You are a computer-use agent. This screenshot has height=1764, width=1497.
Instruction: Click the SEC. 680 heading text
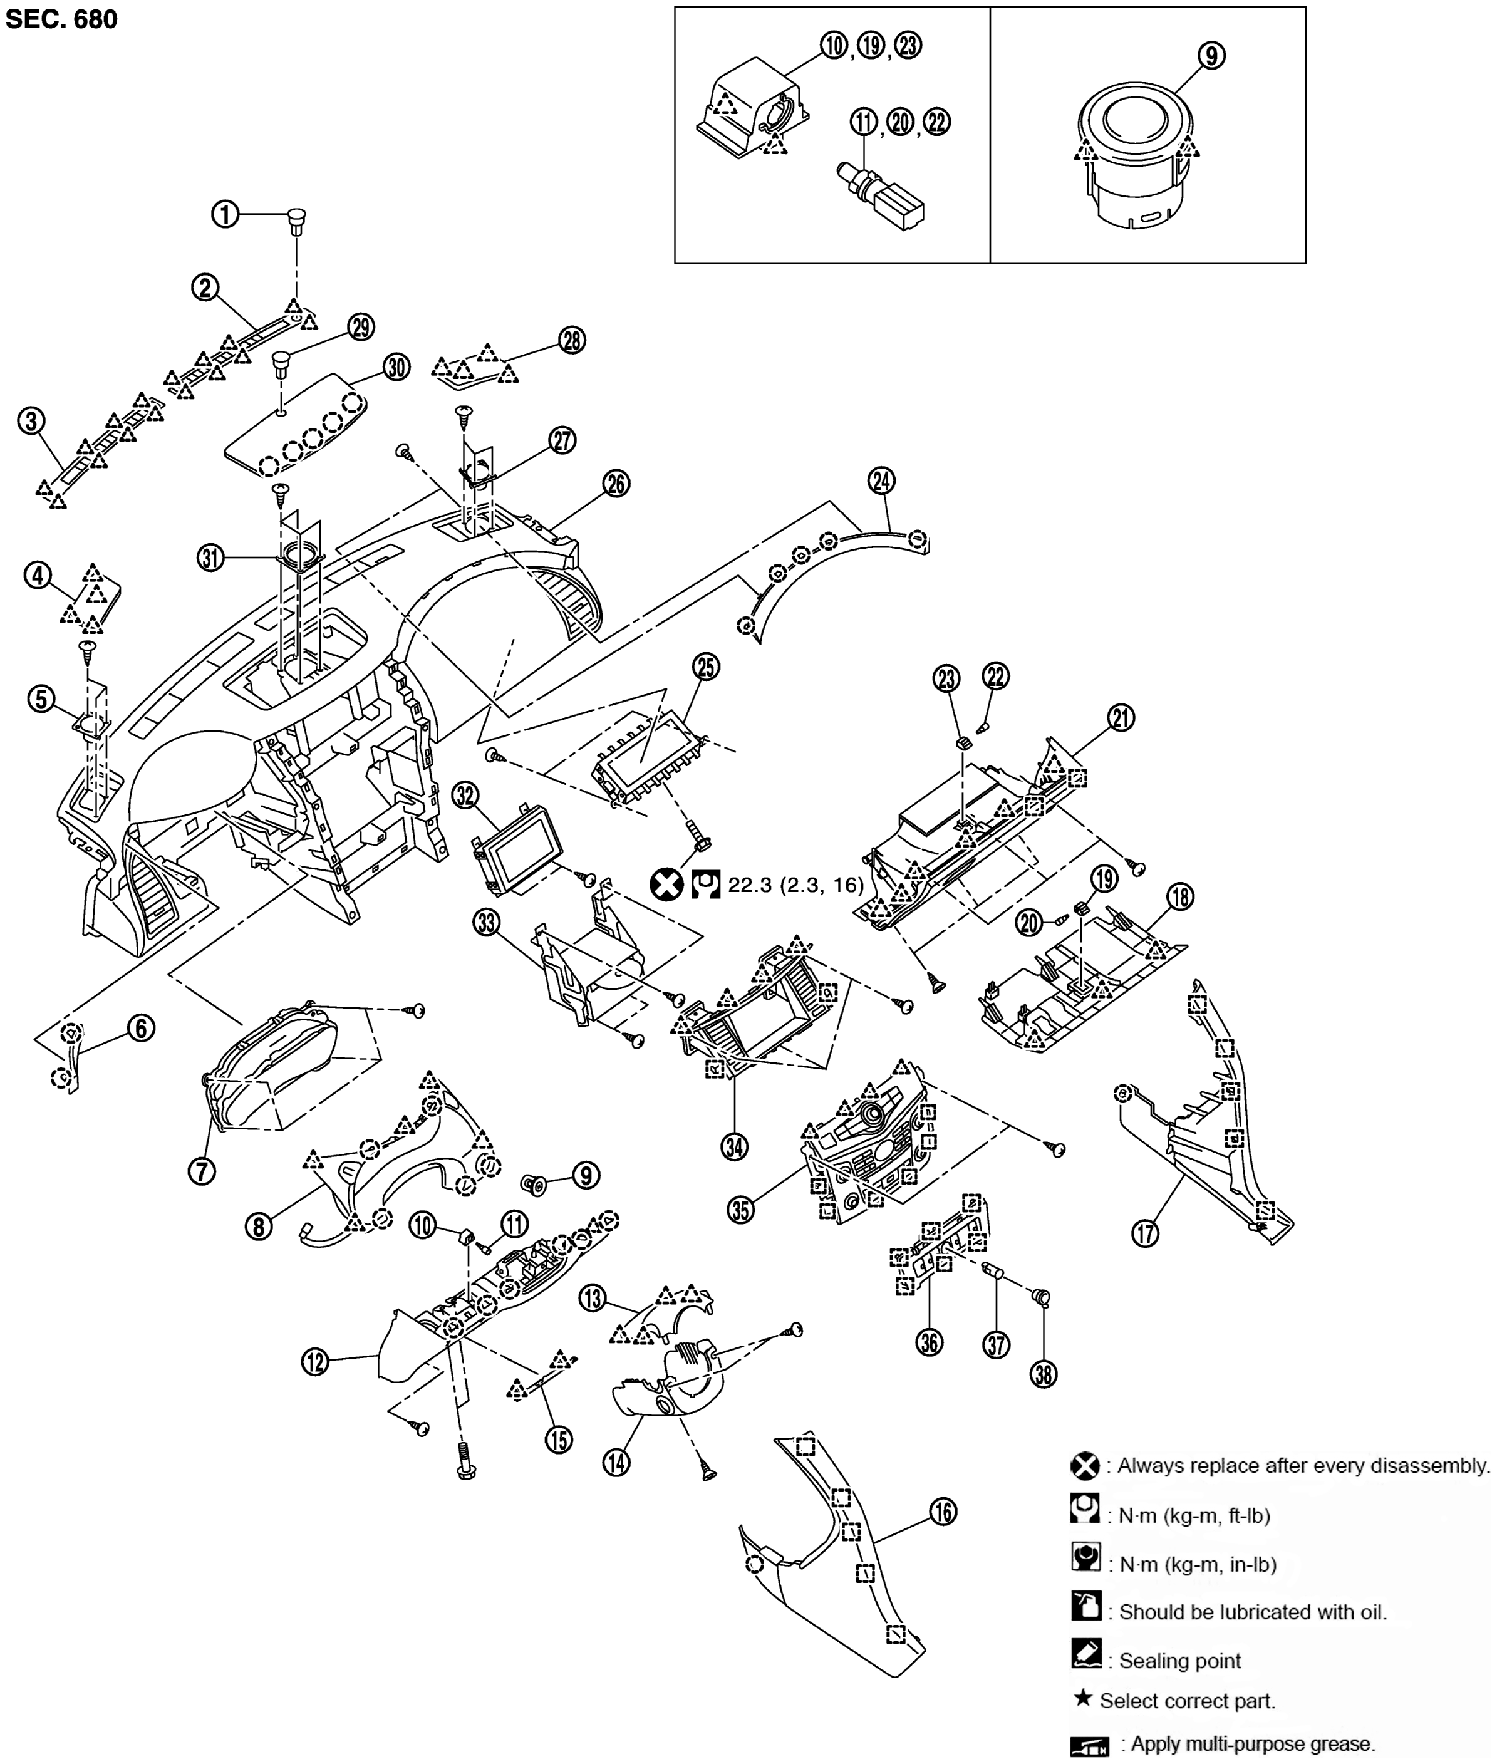61,19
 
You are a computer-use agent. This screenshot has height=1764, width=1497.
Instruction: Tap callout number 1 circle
225,215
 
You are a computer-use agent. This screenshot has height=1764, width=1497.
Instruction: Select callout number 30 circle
396,367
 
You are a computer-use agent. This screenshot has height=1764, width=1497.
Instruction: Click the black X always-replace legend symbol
1085,1465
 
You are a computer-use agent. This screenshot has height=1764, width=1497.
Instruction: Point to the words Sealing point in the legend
1179,1661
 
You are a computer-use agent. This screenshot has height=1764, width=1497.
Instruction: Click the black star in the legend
1083,1698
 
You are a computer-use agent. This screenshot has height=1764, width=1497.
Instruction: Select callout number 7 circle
202,1172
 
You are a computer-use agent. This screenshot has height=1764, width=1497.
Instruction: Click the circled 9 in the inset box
1211,55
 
